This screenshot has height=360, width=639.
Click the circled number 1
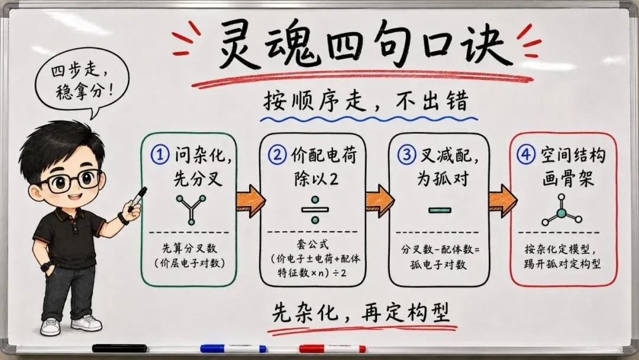pyautogui.click(x=160, y=155)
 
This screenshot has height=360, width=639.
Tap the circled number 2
pyautogui.click(x=277, y=155)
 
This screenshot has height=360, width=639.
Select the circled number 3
pyautogui.click(x=406, y=155)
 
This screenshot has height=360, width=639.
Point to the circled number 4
pyautogui.click(x=526, y=155)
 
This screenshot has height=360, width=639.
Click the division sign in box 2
pyautogui.click(x=315, y=210)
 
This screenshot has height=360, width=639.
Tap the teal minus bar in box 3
pyautogui.click(x=440, y=210)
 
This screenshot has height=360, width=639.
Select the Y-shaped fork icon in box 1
pyautogui.click(x=191, y=210)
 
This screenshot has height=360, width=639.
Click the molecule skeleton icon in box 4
pyautogui.click(x=561, y=211)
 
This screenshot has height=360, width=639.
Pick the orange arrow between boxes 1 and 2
pyautogui.click(x=250, y=201)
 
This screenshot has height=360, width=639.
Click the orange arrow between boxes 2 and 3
pyautogui.click(x=379, y=201)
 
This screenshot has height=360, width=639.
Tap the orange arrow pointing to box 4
pyautogui.click(x=502, y=201)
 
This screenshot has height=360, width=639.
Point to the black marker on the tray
pyautogui.click(x=120, y=348)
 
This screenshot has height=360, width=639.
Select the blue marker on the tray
pyautogui.click(x=234, y=349)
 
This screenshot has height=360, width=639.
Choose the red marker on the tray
pyautogui.click(x=332, y=349)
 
